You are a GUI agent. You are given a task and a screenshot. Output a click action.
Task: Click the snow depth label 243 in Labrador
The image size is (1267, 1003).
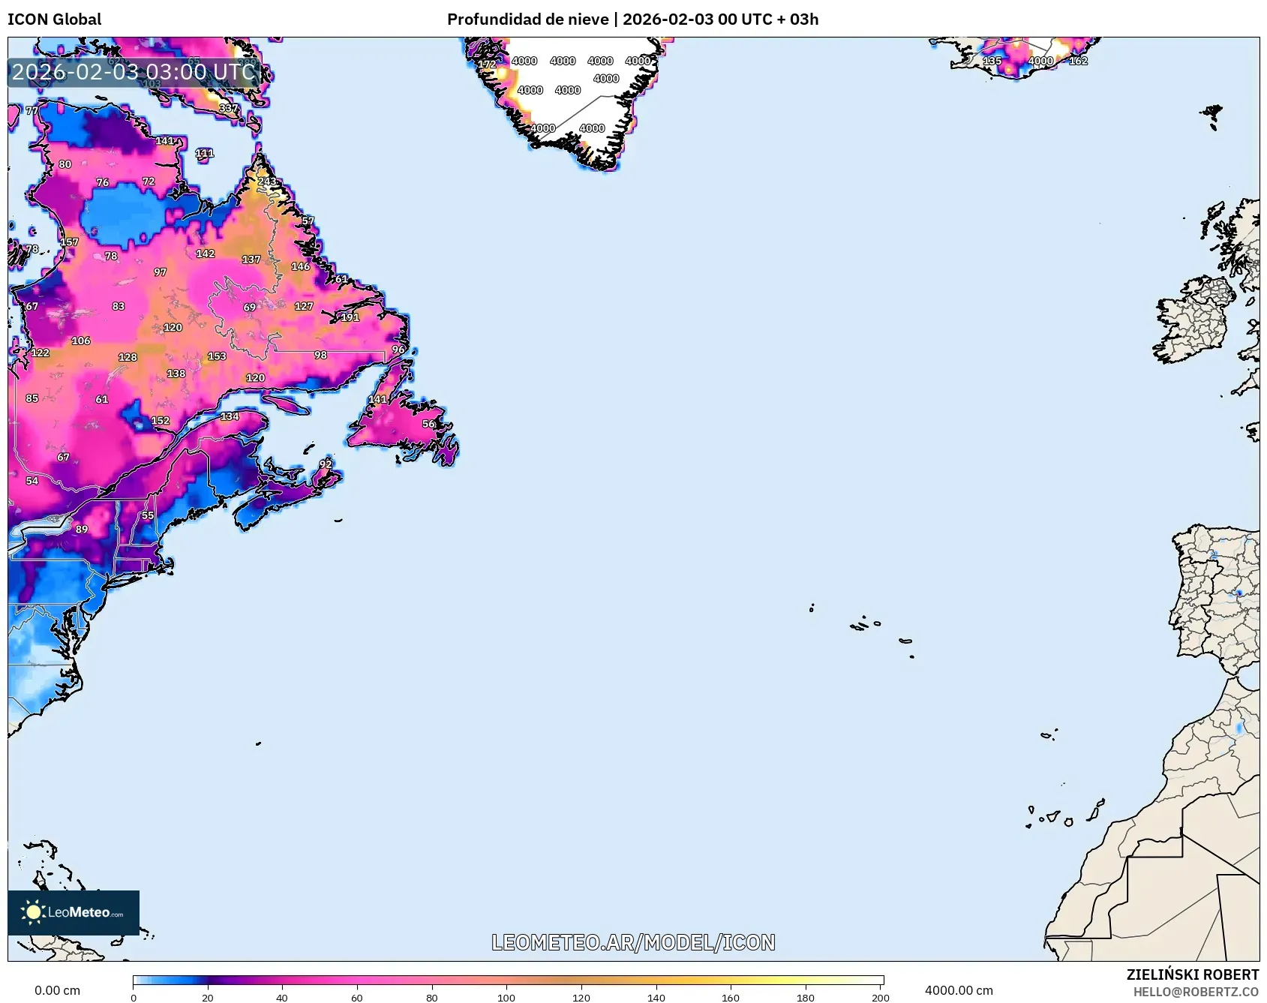pos(266,182)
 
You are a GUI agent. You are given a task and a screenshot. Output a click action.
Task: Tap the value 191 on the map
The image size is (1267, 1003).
pos(350,317)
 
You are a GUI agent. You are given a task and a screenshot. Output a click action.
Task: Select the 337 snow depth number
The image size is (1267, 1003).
pos(228,108)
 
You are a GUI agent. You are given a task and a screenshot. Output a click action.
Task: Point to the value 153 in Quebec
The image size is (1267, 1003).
pos(217,356)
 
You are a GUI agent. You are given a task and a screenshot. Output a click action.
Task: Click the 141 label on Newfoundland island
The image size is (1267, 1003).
pos(377,399)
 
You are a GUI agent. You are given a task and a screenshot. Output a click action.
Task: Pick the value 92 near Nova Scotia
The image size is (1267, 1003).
pos(325,464)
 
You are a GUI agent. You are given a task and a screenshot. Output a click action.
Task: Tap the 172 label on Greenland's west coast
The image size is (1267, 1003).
pos(487,65)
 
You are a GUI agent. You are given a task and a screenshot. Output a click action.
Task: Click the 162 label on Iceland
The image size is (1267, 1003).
pos(1078,61)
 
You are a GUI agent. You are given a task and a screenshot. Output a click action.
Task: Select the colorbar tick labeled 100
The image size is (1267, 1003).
pos(506,997)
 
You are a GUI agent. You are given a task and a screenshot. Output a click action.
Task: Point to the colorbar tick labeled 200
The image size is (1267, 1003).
pos(880,997)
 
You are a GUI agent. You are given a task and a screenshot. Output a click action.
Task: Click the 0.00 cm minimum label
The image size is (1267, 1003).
pos(57,990)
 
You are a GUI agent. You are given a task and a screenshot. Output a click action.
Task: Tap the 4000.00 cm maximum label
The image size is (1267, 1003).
pos(958,990)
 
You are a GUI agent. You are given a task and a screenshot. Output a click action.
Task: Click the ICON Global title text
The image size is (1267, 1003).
pos(54,20)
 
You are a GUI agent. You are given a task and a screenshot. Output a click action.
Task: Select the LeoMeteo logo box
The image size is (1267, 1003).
pos(74,912)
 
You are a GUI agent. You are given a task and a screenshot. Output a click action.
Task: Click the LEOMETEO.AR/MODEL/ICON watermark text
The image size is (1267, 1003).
pos(633,942)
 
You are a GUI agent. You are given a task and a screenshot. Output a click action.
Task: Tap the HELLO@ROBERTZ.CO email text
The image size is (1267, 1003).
pos(1196,992)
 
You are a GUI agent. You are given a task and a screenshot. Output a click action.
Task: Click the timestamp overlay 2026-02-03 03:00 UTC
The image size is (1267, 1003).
pos(134,72)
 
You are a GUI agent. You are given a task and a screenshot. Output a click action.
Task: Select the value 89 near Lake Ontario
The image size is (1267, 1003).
pos(81,529)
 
